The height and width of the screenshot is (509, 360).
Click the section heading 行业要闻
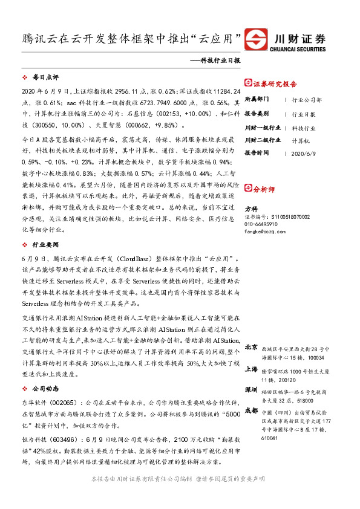(x=45, y=244)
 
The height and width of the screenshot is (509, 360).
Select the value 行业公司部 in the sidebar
(x=307, y=99)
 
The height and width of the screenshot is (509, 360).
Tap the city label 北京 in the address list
(x=251, y=347)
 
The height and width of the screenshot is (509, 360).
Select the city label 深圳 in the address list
(x=251, y=389)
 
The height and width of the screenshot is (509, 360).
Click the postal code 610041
(x=270, y=439)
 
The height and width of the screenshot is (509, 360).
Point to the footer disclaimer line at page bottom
(x=180, y=495)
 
